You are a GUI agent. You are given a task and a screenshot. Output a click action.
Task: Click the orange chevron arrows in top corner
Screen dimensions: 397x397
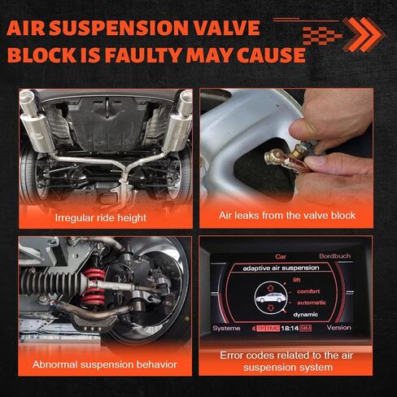click(358, 33)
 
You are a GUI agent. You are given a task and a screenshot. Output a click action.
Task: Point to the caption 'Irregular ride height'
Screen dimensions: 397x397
click(101, 217)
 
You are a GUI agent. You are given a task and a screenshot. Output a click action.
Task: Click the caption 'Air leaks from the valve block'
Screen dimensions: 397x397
click(286, 217)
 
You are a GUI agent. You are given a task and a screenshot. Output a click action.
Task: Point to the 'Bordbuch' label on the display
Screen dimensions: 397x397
click(334, 255)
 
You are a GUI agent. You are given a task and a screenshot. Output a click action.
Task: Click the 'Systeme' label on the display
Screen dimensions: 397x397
click(227, 328)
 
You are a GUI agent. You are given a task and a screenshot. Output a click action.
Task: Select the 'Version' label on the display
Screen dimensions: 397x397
click(338, 328)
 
